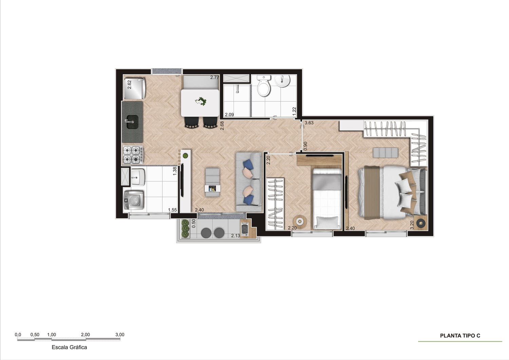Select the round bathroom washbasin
[x=282, y=81]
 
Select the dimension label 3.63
[x=309, y=123]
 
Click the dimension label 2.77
[x=214, y=77]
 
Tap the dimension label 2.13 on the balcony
[x=235, y=236]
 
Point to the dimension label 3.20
[x=412, y=225]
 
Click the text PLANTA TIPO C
[x=460, y=336]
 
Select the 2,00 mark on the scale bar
[x=86, y=335]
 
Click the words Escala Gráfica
[x=69, y=347]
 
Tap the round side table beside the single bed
[x=300, y=221]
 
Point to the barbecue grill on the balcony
[x=245, y=229]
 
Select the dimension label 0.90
[x=305, y=146]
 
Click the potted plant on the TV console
[x=185, y=156]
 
